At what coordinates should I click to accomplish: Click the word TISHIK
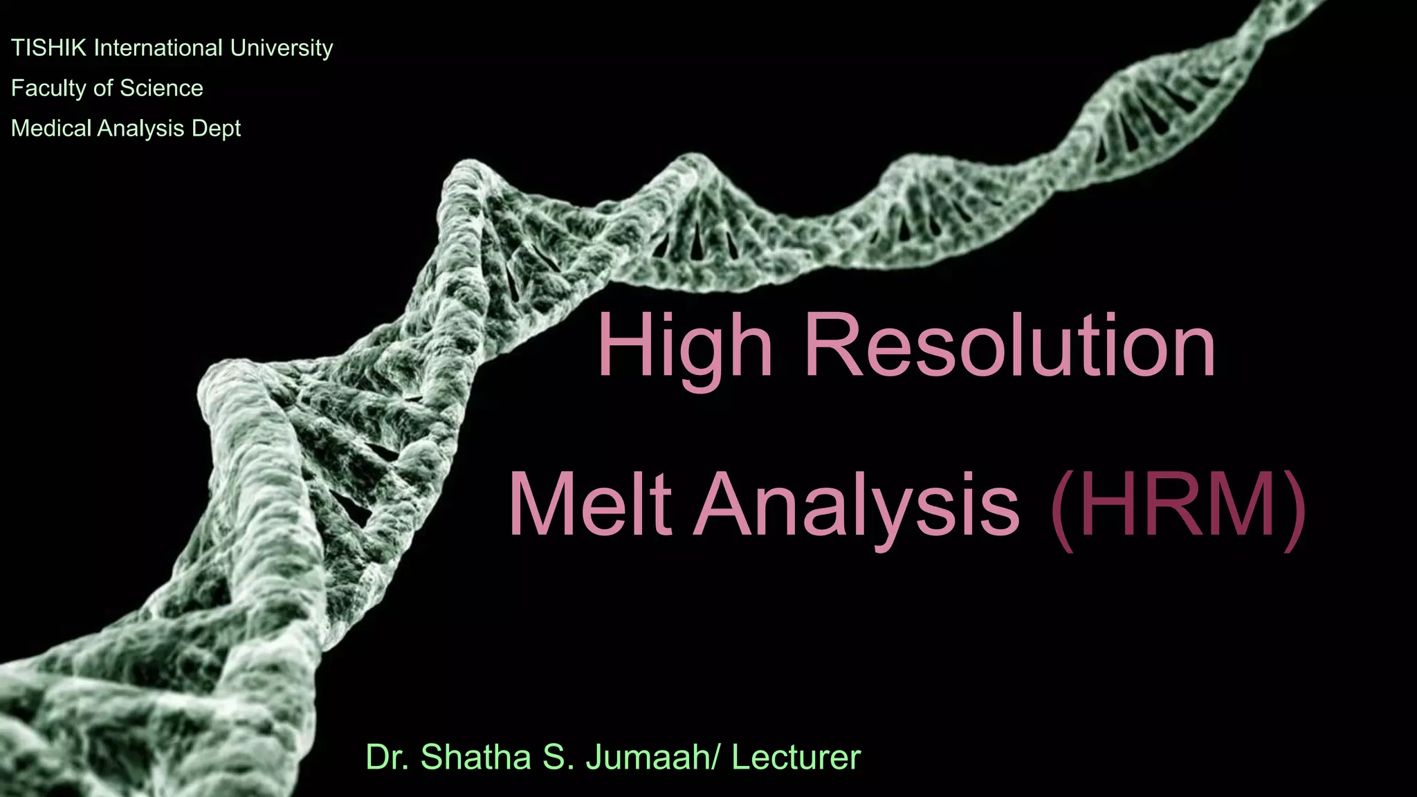tap(48, 48)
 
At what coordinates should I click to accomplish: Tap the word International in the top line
tap(158, 48)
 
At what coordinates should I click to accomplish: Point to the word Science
tap(161, 89)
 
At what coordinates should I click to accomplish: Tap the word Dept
tap(216, 129)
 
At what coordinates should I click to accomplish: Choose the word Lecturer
tap(796, 757)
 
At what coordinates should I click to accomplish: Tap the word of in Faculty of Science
tap(102, 89)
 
